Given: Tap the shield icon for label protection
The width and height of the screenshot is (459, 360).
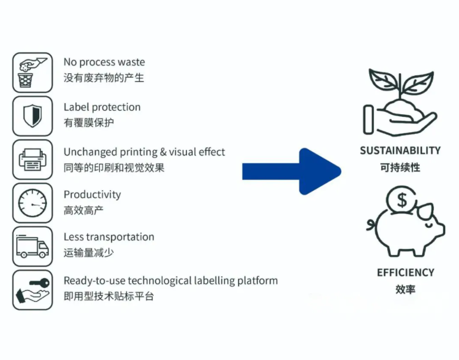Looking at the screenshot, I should (x=32, y=116).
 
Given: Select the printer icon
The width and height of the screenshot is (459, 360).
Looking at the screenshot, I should (x=32, y=160).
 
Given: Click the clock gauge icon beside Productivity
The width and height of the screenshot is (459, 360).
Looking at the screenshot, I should (x=32, y=203).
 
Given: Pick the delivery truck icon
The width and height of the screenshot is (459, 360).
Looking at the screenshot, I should (x=32, y=246).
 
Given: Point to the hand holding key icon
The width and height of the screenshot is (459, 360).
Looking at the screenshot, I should (x=32, y=290).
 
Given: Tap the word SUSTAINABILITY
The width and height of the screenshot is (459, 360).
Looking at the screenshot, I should (x=400, y=151).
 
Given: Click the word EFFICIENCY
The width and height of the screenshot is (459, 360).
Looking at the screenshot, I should (x=405, y=273).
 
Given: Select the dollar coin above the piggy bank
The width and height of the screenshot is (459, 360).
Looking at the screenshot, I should (x=402, y=200).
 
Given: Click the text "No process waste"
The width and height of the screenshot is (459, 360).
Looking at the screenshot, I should (x=104, y=62).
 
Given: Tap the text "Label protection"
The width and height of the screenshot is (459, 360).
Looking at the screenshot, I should (x=102, y=107).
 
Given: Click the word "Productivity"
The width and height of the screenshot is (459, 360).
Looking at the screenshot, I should (x=92, y=194).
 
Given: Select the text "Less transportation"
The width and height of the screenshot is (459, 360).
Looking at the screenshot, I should (x=109, y=237).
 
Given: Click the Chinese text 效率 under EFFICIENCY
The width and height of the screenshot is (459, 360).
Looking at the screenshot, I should (x=405, y=289).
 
